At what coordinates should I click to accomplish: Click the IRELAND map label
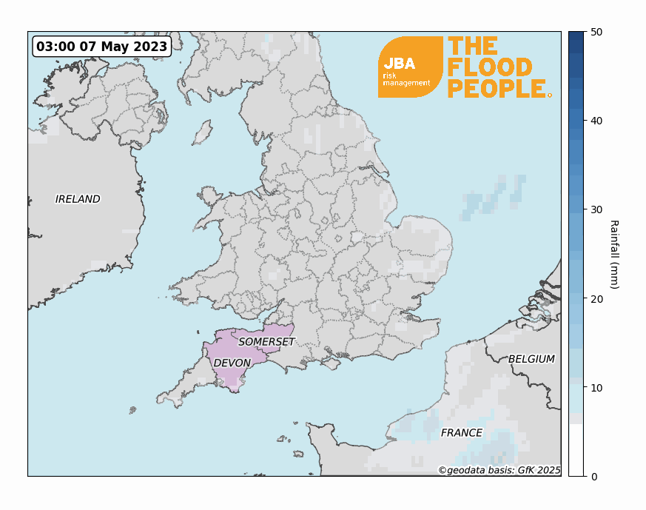click(x=78, y=199)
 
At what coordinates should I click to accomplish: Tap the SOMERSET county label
click(x=266, y=341)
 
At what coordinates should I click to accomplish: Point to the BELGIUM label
click(x=531, y=359)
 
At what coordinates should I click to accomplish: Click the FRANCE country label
click(x=461, y=432)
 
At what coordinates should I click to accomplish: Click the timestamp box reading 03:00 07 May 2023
click(x=102, y=47)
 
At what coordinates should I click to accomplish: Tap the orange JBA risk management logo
click(x=409, y=67)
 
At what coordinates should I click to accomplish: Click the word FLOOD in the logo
click(x=489, y=68)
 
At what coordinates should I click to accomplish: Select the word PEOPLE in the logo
click(x=497, y=89)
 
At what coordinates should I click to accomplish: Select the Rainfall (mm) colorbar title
click(x=614, y=254)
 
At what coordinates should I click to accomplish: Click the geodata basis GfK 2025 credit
click(x=499, y=469)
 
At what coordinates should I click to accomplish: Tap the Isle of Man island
click(x=202, y=133)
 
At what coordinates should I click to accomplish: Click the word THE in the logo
click(x=472, y=47)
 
